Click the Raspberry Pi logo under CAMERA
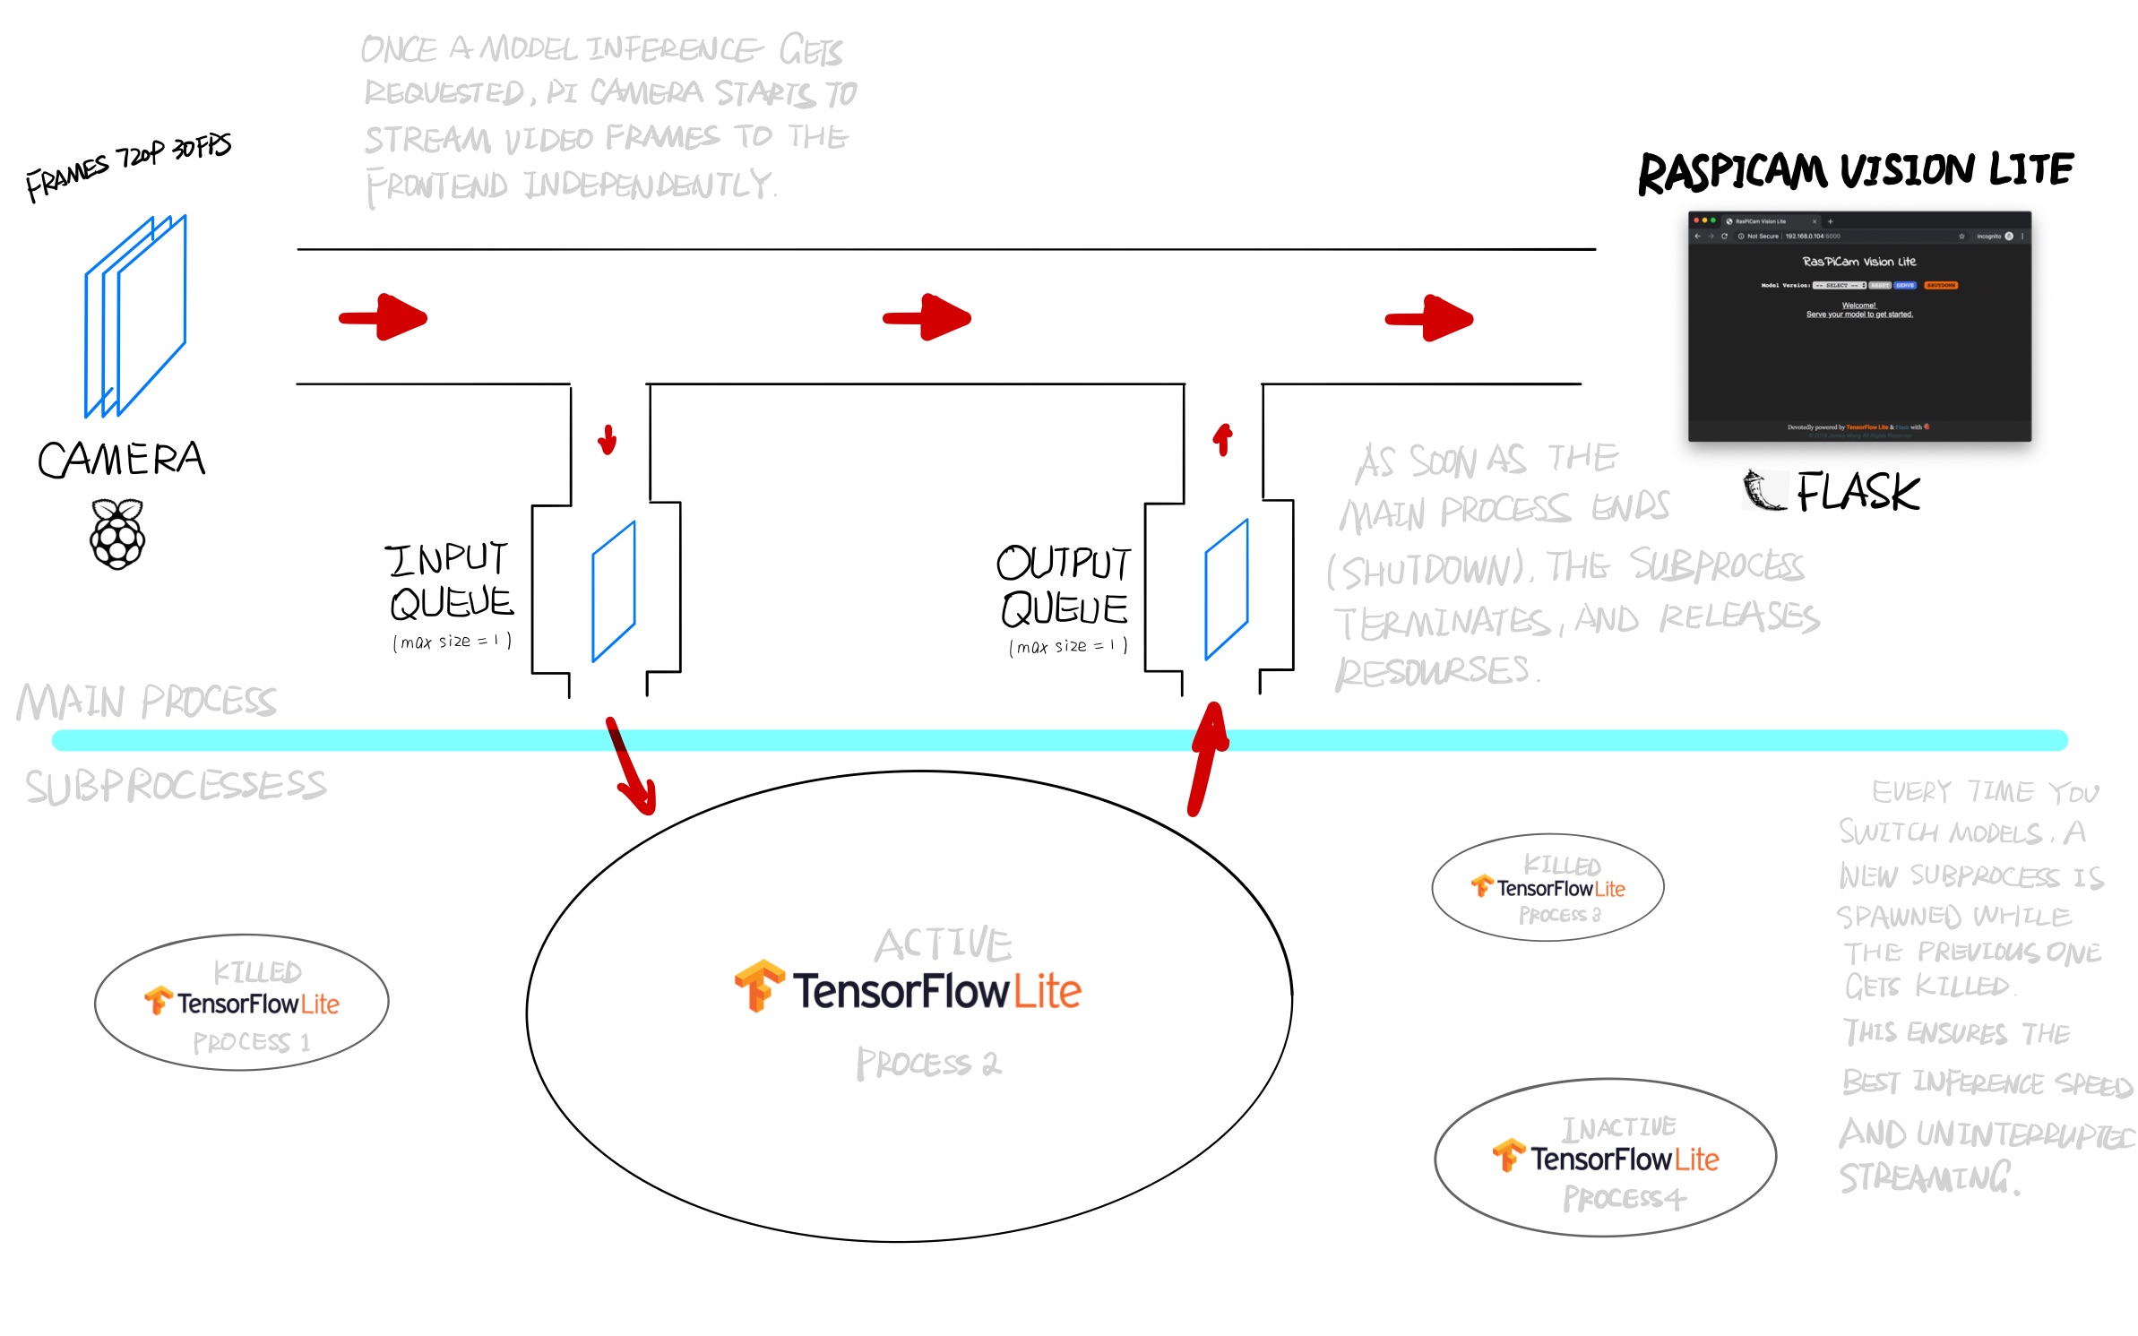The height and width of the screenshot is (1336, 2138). (117, 535)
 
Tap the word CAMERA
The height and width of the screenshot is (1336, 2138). (122, 460)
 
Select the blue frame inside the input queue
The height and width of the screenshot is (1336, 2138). (614, 591)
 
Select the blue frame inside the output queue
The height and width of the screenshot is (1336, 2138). (1226, 590)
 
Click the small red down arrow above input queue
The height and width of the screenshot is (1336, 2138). (608, 440)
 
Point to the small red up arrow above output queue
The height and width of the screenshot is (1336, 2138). (1223, 439)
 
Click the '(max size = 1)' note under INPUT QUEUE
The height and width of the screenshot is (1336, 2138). (453, 642)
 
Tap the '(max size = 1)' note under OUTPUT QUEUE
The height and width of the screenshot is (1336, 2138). (1068, 646)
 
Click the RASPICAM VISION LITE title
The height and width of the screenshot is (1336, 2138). (1855, 172)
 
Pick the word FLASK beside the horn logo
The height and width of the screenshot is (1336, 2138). (1858, 492)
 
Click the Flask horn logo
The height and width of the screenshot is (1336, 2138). (1763, 490)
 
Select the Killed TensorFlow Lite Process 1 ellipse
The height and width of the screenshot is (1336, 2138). (242, 1003)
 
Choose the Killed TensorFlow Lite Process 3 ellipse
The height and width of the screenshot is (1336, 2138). (1547, 888)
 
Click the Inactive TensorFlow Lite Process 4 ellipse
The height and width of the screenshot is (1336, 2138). (1605, 1158)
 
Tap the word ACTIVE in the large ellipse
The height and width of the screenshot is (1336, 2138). (944, 944)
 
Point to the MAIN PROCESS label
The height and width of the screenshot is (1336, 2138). (147, 702)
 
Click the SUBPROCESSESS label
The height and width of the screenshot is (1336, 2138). (177, 787)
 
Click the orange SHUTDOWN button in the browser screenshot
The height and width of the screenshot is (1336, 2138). (1941, 285)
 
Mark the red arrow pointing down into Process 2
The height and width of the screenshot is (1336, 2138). (631, 766)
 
